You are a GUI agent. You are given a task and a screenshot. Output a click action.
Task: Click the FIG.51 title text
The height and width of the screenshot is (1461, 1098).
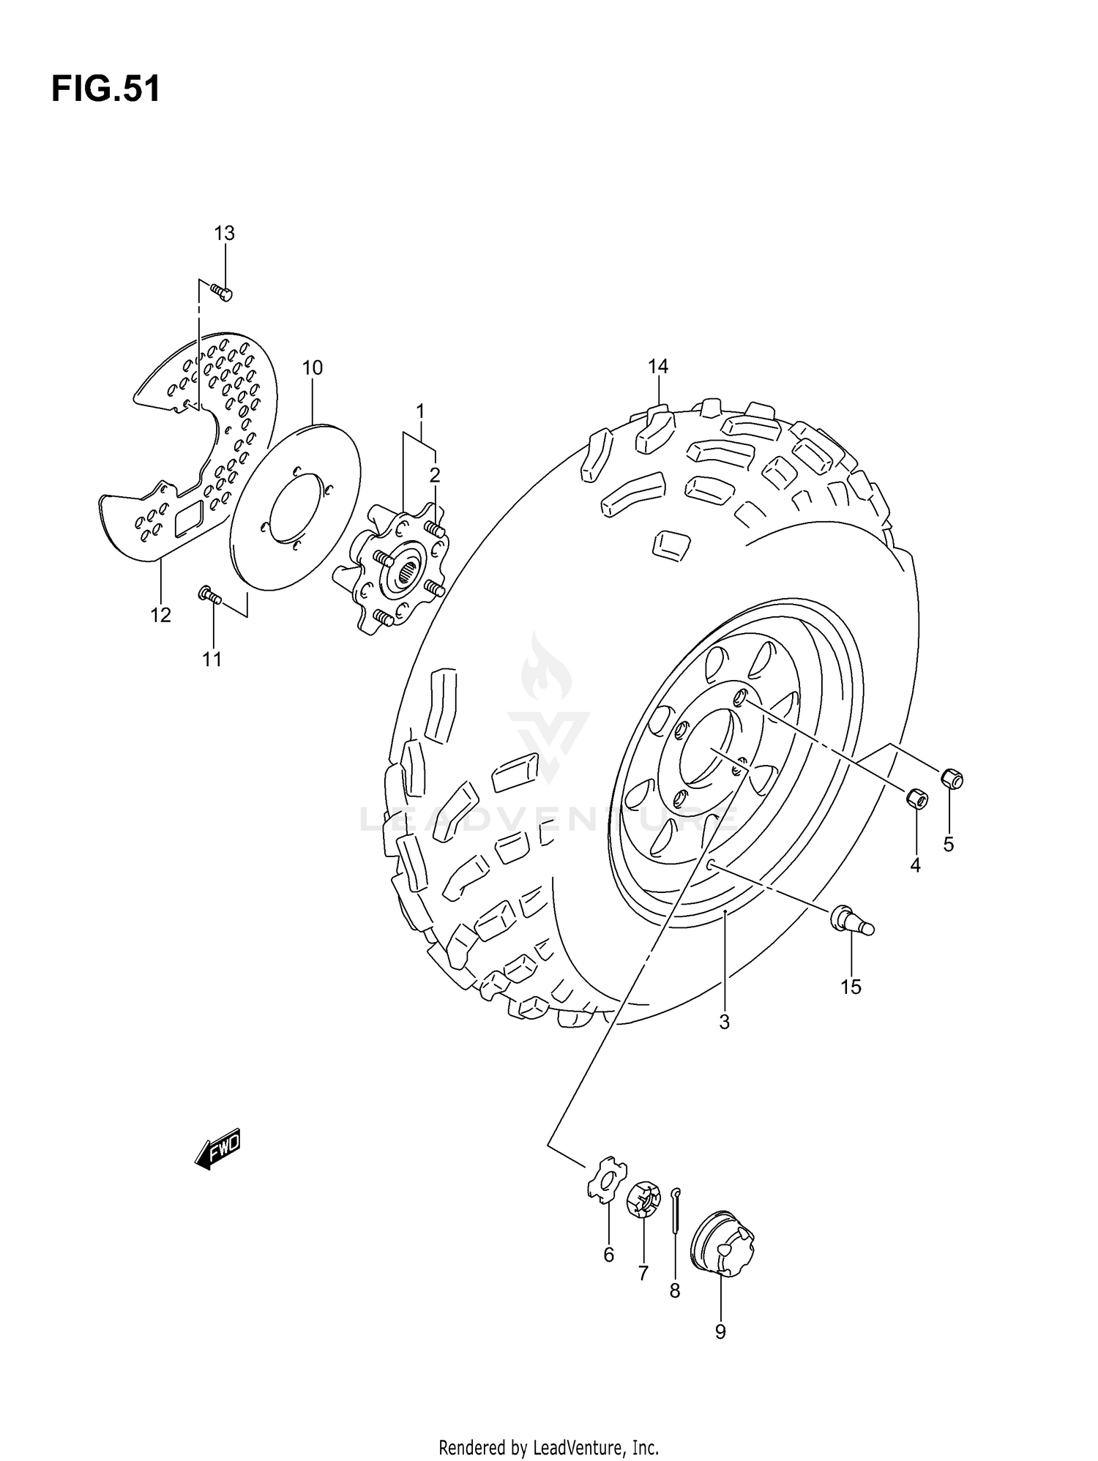tap(105, 90)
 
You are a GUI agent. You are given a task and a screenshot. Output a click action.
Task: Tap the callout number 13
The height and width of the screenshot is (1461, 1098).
tap(224, 233)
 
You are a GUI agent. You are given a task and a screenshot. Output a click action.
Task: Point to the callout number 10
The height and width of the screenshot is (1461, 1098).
tap(313, 367)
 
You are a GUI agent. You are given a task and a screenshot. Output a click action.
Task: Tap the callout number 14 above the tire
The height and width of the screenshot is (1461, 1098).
tap(658, 366)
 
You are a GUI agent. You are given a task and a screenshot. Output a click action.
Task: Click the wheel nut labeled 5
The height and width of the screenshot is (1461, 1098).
tap(952, 779)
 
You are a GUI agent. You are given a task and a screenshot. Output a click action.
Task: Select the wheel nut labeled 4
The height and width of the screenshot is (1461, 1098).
tap(917, 799)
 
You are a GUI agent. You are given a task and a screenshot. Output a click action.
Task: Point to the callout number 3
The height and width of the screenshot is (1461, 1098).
tap(724, 1023)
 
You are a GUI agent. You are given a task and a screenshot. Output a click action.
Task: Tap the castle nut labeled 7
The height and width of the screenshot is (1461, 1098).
tap(643, 1199)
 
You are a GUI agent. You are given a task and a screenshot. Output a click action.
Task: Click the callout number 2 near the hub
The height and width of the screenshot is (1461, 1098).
tap(435, 476)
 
